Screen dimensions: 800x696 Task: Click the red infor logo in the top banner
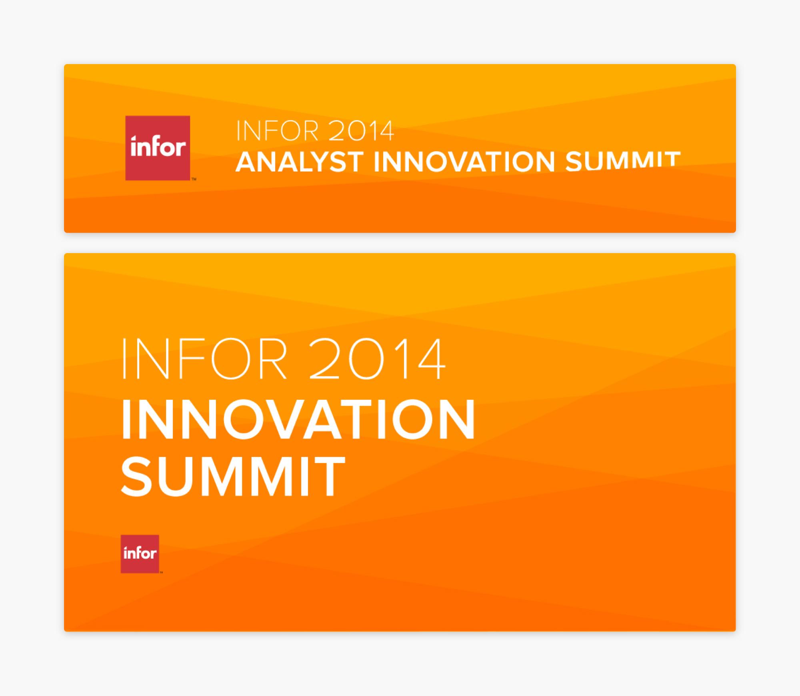point(158,148)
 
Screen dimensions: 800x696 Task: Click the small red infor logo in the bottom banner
point(140,554)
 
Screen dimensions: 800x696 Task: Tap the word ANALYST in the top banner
point(300,162)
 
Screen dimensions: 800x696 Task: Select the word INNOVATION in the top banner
point(464,162)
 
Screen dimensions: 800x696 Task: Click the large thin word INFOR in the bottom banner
point(204,358)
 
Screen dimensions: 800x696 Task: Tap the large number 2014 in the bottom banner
point(377,358)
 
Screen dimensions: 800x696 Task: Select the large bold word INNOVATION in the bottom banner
point(298,419)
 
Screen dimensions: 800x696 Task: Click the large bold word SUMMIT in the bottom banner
point(233,477)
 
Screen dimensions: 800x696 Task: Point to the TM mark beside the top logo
point(194,179)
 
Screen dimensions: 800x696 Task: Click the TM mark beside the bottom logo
point(161,572)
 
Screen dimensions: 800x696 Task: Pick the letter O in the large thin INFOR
point(231,358)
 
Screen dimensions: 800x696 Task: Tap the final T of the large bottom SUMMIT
point(330,477)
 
